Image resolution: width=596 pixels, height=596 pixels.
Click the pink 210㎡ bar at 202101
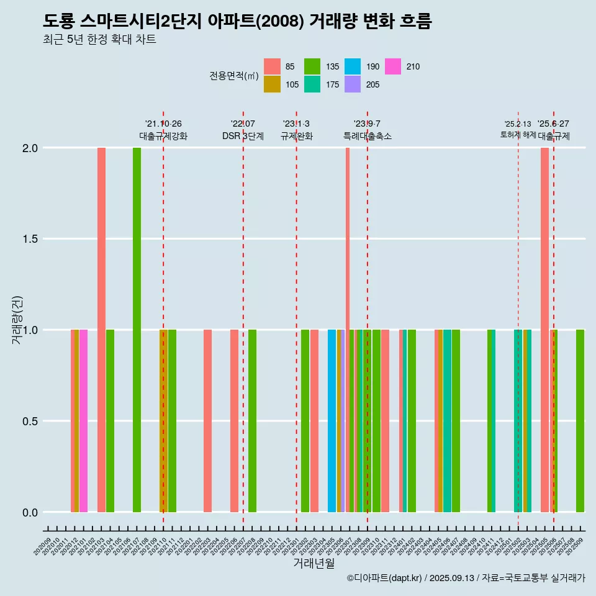coord(83,421)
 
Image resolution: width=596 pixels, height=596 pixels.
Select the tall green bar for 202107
coord(137,330)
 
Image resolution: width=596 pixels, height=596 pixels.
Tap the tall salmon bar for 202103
coord(101,330)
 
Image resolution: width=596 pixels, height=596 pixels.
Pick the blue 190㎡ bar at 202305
coord(332,421)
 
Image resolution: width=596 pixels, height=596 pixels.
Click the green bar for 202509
coord(580,421)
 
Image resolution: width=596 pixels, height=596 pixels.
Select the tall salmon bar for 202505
coord(544,330)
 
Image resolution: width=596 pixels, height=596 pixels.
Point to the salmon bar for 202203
coord(207,421)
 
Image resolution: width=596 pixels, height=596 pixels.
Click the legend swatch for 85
coord(272,66)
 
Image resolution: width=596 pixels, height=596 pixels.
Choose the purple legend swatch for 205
coord(353,84)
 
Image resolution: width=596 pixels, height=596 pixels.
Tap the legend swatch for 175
coord(312,84)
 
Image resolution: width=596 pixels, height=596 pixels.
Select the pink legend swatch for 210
coord(393,66)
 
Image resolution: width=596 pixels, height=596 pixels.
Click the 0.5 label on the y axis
coord(30,421)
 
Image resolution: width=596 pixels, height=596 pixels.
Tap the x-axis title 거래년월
coord(314,564)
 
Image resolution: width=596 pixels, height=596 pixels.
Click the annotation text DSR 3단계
coord(243,136)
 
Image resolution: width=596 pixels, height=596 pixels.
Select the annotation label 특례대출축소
coord(367,136)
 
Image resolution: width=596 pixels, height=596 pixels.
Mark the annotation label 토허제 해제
coord(518,135)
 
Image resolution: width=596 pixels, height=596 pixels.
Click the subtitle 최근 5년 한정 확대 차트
coord(99,40)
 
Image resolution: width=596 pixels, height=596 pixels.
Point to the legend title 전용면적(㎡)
coord(233,76)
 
